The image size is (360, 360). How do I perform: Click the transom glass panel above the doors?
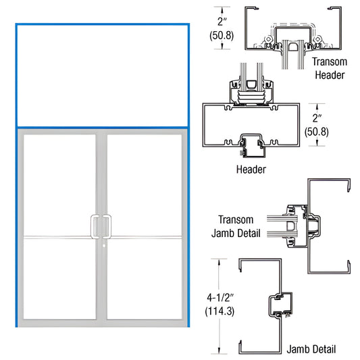click(102, 75)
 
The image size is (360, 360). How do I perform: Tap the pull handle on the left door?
click(95, 225)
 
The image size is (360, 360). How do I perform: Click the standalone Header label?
click(250, 170)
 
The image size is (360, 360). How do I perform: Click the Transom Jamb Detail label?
click(236, 230)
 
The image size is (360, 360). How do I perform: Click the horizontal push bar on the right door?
click(145, 236)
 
